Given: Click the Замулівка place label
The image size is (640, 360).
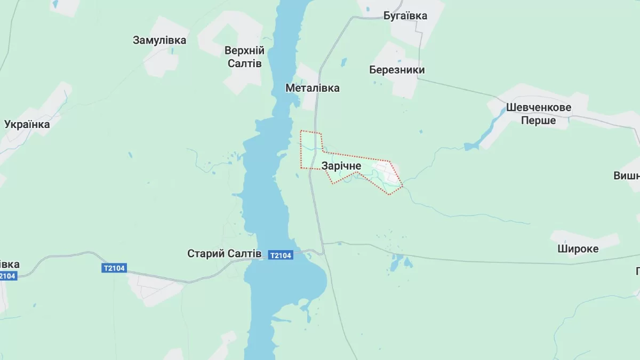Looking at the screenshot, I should click(x=159, y=40).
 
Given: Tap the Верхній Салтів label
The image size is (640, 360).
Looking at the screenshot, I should click(x=244, y=57).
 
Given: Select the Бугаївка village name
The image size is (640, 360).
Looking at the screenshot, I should click(x=405, y=15).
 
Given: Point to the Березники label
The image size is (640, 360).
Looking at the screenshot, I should click(x=397, y=70).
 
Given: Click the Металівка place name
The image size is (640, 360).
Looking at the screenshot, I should click(x=312, y=88).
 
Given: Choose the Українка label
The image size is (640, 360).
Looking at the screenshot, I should click(x=27, y=124).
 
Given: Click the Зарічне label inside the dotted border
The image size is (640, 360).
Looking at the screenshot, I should click(x=341, y=166).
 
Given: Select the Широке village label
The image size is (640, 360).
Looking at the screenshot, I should click(x=578, y=249).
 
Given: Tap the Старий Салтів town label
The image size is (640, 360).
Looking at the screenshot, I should click(x=224, y=253).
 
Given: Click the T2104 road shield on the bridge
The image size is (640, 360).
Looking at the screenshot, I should click(x=281, y=255).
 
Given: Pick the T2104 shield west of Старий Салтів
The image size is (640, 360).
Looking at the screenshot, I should click(x=114, y=268).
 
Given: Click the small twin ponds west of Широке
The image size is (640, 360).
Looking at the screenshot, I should click(x=399, y=262).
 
